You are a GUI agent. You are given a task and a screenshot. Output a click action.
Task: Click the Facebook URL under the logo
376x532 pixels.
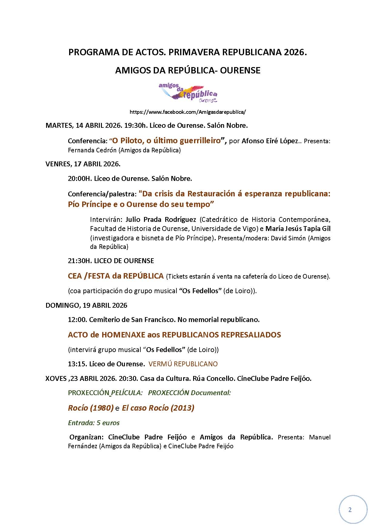point(188,112)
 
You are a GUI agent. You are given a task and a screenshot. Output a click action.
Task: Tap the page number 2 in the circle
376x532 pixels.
point(350,510)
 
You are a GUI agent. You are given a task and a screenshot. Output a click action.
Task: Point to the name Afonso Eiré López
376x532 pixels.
point(270,141)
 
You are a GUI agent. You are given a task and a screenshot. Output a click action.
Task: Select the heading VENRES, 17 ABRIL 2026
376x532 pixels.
point(83,164)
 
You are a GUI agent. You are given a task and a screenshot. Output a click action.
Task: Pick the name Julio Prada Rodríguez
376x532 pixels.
point(161,219)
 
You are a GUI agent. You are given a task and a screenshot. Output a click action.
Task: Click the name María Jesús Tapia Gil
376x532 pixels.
point(298,229)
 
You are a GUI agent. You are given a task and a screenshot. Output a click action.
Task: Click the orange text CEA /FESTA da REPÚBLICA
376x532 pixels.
point(116,276)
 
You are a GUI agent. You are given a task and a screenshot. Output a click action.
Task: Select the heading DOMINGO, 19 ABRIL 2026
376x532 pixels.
point(86,305)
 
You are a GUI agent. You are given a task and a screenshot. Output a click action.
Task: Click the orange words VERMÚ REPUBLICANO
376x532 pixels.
point(183,364)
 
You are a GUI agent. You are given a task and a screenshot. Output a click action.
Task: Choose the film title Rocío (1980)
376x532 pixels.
point(91,408)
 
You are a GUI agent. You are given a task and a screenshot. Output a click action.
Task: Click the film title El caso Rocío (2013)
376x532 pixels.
point(158,408)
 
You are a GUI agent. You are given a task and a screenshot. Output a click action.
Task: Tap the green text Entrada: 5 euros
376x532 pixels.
point(94,423)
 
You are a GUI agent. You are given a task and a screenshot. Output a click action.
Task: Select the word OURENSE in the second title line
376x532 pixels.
point(240,70)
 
